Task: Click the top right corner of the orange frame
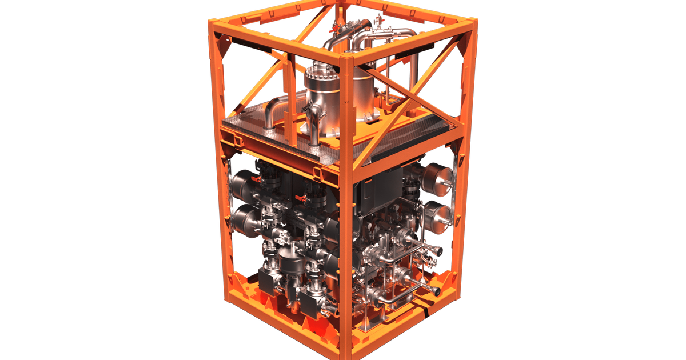point(472,23)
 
